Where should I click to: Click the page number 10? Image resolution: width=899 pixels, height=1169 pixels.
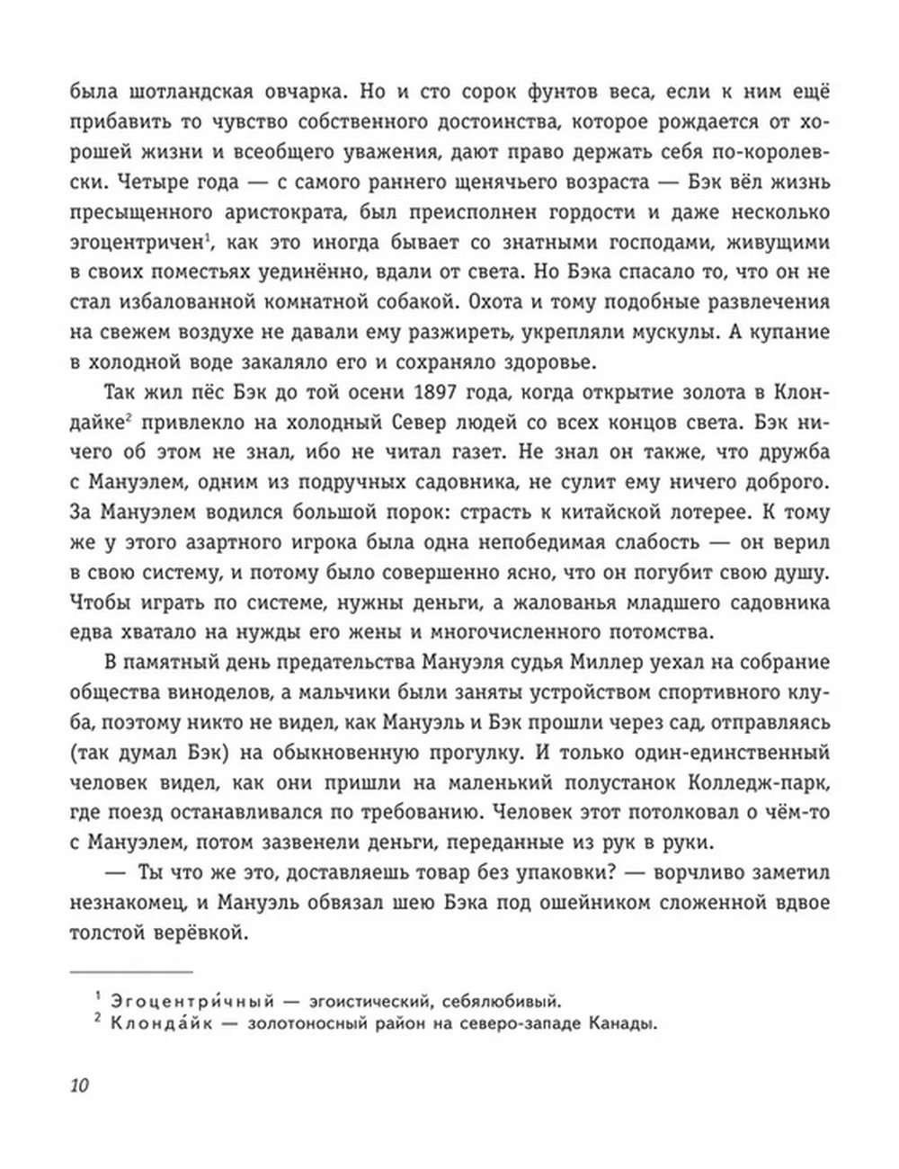78,1084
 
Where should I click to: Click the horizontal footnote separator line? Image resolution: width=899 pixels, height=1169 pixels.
131,971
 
